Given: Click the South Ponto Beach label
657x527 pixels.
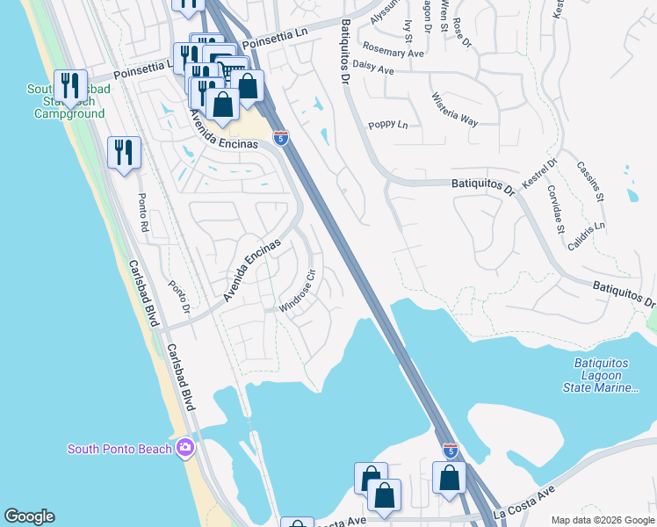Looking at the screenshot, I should tap(119, 449).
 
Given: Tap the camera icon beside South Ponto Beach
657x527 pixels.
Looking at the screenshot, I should tap(184, 448).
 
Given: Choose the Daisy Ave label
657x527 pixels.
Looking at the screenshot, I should tap(372, 68).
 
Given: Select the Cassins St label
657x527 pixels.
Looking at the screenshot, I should tap(590, 181).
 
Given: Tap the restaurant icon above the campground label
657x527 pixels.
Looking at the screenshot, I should tap(70, 85).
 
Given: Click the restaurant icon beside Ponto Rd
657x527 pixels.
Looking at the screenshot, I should tap(124, 153).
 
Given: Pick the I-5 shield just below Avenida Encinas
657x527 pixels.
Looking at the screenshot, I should tap(280, 138).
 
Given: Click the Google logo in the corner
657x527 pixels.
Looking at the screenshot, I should tap(30, 516).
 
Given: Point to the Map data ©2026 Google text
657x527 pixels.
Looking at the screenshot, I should tap(603, 520).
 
